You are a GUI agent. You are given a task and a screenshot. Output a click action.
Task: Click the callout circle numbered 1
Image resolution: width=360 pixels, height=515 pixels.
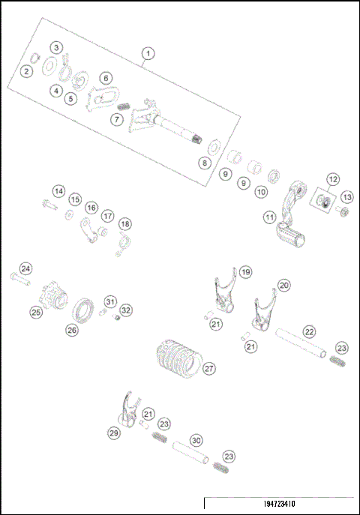[148, 53]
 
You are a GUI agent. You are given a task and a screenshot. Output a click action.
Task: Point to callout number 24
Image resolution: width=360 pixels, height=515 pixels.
[26, 269]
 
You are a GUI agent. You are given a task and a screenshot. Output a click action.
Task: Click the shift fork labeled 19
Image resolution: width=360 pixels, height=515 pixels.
[223, 294]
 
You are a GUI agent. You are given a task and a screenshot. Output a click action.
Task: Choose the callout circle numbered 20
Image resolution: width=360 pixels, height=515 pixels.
[283, 286]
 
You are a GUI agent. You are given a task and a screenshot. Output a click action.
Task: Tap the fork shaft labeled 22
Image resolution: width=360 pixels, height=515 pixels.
[299, 344]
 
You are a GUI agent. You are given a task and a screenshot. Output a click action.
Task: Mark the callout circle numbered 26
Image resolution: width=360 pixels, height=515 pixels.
[72, 329]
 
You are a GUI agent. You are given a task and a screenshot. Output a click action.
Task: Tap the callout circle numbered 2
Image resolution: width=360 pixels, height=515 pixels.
[26, 71]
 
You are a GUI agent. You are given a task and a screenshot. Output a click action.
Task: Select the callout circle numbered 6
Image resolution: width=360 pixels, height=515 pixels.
[104, 78]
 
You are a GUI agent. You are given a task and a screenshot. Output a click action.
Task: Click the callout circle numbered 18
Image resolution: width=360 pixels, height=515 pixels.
[124, 223]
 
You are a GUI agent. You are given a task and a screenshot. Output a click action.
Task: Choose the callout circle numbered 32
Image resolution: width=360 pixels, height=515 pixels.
[125, 310]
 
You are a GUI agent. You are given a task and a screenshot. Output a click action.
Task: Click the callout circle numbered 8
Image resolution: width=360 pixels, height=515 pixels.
[203, 162]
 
